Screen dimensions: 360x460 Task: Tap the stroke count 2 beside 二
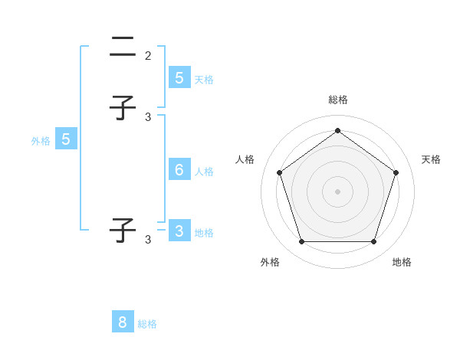click(x=148, y=55)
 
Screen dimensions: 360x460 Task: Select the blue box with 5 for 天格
click(x=179, y=77)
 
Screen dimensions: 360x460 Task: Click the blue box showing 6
click(x=179, y=169)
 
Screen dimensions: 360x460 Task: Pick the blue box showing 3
click(x=179, y=231)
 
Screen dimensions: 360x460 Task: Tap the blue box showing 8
click(x=123, y=322)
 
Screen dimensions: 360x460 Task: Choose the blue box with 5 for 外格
click(x=66, y=139)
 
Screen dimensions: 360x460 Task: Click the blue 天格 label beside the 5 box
click(x=204, y=79)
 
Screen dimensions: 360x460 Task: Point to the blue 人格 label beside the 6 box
click(x=204, y=171)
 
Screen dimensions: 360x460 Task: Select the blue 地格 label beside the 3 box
click(x=204, y=232)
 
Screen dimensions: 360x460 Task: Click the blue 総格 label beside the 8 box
click(x=147, y=324)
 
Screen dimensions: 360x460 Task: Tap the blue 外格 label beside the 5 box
click(x=41, y=141)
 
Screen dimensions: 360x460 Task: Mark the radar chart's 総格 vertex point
click(x=337, y=131)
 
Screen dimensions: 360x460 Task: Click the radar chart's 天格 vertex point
click(x=396, y=172)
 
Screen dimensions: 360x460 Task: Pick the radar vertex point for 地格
click(x=373, y=241)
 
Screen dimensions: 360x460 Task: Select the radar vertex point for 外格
click(x=301, y=241)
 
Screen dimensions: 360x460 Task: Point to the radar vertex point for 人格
click(x=279, y=172)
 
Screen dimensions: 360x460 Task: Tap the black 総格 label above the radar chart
click(x=337, y=100)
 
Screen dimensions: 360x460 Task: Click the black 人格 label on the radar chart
click(x=245, y=159)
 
